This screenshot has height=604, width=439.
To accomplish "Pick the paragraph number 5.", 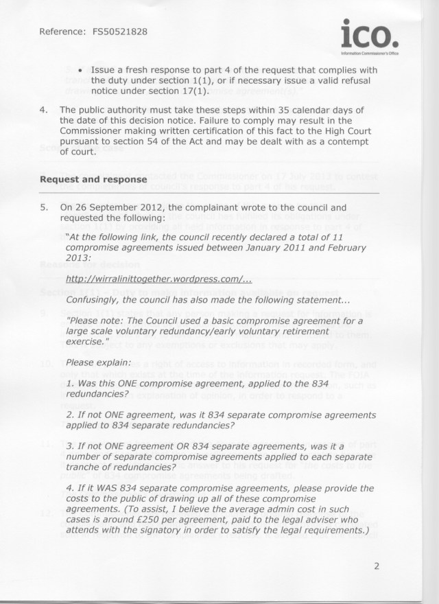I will pos(44,206).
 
